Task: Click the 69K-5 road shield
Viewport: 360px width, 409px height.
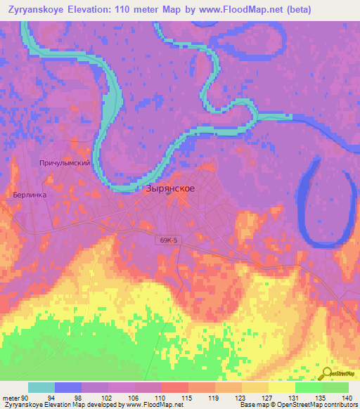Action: [169, 240]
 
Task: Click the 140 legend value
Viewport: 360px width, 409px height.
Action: [347, 396]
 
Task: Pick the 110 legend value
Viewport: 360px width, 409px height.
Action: [161, 396]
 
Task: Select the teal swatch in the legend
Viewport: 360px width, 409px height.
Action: [41, 387]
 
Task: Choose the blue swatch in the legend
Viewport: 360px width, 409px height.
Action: [68, 387]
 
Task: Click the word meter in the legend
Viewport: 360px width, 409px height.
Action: [9, 396]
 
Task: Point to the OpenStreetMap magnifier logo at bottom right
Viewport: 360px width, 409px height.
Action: [328, 374]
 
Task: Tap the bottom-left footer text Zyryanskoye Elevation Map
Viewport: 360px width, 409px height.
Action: [42, 405]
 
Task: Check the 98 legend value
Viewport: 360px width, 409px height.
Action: [86, 396]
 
